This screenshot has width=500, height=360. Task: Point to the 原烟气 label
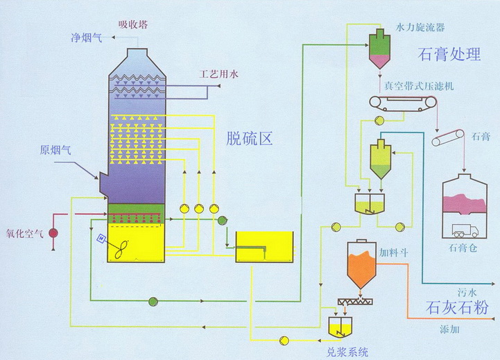point(55,149)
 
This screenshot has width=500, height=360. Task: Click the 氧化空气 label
point(23,232)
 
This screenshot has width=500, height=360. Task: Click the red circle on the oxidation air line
point(53,234)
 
